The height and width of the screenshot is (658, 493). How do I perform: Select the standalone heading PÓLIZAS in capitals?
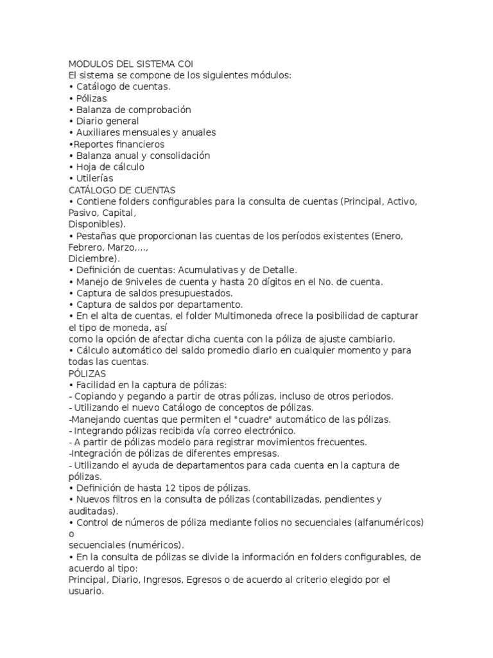coord(87,373)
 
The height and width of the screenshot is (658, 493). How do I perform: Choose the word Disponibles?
coord(95,224)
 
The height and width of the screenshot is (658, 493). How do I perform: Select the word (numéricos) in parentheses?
coord(153,545)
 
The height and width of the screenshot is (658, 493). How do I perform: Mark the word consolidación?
coord(173,156)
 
